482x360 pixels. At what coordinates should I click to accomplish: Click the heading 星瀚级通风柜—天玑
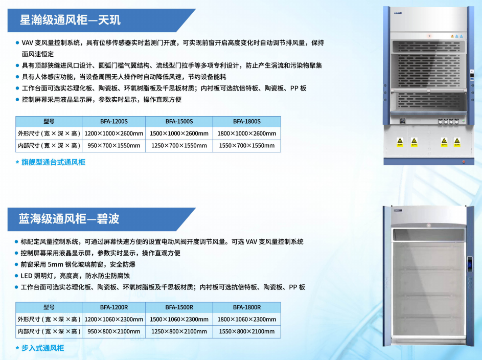[x=70, y=20]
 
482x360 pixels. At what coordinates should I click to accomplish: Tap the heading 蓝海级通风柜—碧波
[x=69, y=219]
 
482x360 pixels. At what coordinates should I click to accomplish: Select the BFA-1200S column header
[x=114, y=121]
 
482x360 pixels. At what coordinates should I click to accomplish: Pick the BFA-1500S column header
[x=179, y=121]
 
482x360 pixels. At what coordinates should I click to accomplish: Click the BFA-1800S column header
[x=247, y=121]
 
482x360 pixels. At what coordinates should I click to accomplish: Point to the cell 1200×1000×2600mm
[x=114, y=133]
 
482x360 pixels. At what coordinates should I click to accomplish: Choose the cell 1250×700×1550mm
[x=179, y=145]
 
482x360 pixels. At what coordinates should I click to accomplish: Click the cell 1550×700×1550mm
[x=247, y=145]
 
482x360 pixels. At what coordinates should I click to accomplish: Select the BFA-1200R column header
[x=114, y=307]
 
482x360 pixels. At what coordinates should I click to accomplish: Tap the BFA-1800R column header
[x=247, y=307]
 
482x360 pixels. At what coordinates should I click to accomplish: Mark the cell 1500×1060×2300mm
[x=179, y=320]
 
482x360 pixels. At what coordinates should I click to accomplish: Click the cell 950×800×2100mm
[x=114, y=331]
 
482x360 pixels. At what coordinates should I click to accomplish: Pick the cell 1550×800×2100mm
[x=247, y=331]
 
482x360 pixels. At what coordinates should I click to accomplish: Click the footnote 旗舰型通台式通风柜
[x=53, y=162]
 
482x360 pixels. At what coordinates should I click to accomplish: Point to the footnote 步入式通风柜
[x=42, y=348]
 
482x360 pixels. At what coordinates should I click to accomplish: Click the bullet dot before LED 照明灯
[x=16, y=276]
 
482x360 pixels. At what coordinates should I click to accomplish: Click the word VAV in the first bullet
[x=27, y=43]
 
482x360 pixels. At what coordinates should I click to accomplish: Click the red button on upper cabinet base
[x=464, y=162]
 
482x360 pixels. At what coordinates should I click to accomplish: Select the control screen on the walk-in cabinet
[x=470, y=264]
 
